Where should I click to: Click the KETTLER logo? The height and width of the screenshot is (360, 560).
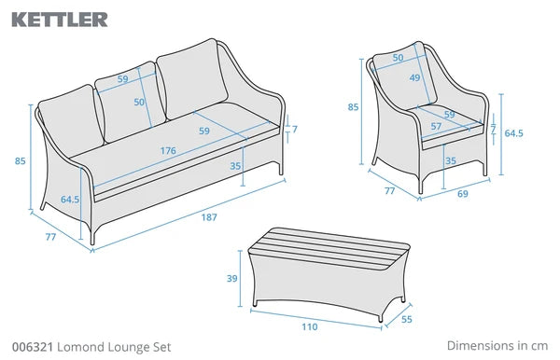click(60, 20)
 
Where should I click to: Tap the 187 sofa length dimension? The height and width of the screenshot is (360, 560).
click(209, 217)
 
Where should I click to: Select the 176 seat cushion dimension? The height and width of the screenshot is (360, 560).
click(168, 150)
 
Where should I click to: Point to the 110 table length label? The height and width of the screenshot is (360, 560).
click(309, 326)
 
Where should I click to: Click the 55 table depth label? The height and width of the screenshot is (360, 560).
click(407, 319)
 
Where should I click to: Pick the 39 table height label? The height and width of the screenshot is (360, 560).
click(232, 278)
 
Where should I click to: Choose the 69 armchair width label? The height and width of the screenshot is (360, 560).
click(463, 194)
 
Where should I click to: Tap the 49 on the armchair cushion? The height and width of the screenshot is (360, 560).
click(414, 77)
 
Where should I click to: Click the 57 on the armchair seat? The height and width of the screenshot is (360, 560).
click(436, 126)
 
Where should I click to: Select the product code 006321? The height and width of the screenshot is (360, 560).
click(33, 347)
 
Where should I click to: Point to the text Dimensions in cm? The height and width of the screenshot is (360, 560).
click(497, 345)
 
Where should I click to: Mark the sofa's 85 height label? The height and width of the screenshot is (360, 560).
click(20, 161)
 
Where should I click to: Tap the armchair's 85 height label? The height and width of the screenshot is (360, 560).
click(353, 107)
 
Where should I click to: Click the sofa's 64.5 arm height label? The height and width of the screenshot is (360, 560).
click(70, 200)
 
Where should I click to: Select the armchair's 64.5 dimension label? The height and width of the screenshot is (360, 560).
click(513, 133)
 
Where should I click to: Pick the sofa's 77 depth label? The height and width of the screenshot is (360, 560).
click(50, 237)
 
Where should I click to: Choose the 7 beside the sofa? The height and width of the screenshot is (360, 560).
click(295, 129)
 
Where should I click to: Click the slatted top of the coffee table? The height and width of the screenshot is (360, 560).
click(329, 248)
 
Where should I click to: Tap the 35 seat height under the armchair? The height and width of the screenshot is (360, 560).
click(451, 161)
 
